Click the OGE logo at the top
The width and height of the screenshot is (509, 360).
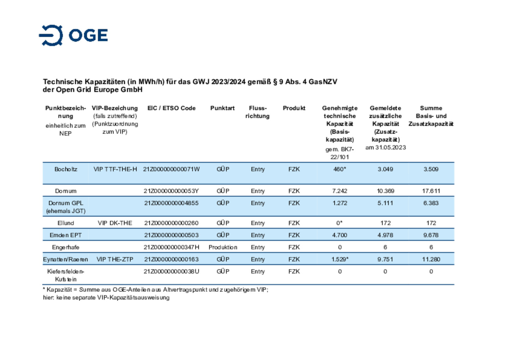73,35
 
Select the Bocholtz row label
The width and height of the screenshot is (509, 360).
66,169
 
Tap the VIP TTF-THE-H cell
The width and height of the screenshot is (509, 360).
115,169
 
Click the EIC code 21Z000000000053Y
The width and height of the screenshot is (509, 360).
171,191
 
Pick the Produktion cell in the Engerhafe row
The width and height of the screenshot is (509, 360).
223,247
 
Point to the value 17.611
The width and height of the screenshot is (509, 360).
431,191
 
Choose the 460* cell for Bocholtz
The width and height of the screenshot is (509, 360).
340,169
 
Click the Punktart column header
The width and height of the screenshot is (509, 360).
222,108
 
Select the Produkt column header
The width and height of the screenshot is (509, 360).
294,108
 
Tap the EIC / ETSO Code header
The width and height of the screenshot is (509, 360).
171,108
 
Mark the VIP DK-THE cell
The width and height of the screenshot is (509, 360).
115,223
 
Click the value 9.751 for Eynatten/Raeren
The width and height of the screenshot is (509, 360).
385,259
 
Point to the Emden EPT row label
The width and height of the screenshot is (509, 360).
66,235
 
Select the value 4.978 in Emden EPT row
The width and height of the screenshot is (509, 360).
385,235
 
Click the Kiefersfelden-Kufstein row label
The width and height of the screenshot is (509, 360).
66,275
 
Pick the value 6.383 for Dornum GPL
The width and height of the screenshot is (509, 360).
431,203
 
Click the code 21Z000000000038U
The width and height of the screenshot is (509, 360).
171,271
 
